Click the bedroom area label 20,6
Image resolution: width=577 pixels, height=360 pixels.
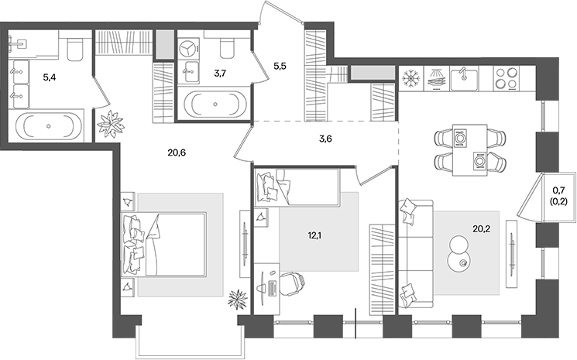point(177,153)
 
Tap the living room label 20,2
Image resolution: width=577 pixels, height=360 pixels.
point(482,228)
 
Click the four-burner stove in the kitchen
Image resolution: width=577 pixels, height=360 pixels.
point(506,78)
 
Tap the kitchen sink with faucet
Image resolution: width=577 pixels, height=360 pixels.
point(462,78)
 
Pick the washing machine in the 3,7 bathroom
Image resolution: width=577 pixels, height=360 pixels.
point(189,48)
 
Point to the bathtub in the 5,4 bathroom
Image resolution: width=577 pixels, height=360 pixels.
point(49,125)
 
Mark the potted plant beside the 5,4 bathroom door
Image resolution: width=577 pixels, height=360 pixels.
point(110,122)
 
